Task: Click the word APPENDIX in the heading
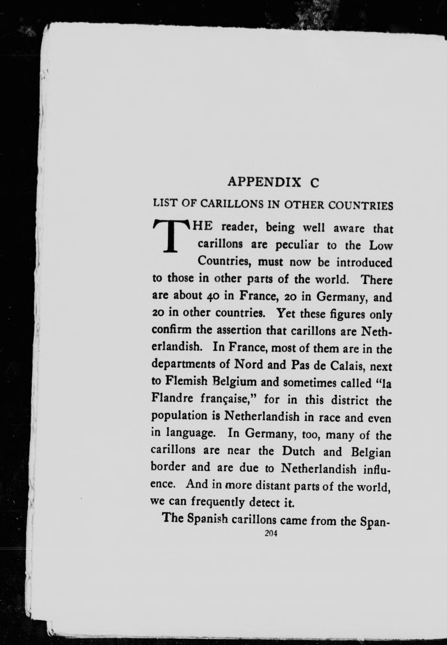(x=265, y=182)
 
